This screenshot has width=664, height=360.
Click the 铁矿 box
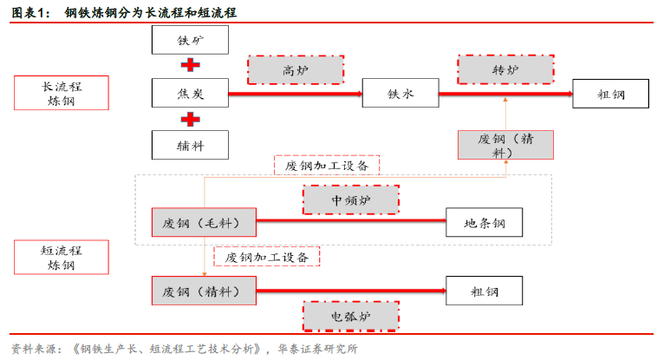tap(190, 40)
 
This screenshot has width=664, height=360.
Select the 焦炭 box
tap(190, 93)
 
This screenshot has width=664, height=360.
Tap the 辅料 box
tap(190, 145)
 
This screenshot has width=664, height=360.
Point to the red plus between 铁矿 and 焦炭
tap(190, 66)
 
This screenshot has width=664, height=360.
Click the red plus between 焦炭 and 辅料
tap(190, 119)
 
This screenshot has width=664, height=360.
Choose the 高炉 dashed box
tap(296, 69)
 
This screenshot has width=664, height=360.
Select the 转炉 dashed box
tap(505, 69)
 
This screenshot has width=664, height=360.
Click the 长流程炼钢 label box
tap(61, 93)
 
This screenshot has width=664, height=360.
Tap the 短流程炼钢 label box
tap(61, 257)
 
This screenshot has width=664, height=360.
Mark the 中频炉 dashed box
tap(350, 200)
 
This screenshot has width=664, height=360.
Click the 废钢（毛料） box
tap(204, 223)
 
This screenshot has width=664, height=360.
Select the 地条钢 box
tap(485, 223)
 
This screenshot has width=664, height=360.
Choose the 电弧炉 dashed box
tap(350, 316)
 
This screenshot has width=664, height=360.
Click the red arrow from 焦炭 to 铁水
tap(295, 93)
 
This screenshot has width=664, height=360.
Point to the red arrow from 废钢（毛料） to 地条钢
tap(350, 223)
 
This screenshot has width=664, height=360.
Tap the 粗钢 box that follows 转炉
tap(610, 93)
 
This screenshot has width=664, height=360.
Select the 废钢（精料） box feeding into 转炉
tap(505, 145)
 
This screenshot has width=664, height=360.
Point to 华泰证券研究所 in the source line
tap(318, 349)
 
